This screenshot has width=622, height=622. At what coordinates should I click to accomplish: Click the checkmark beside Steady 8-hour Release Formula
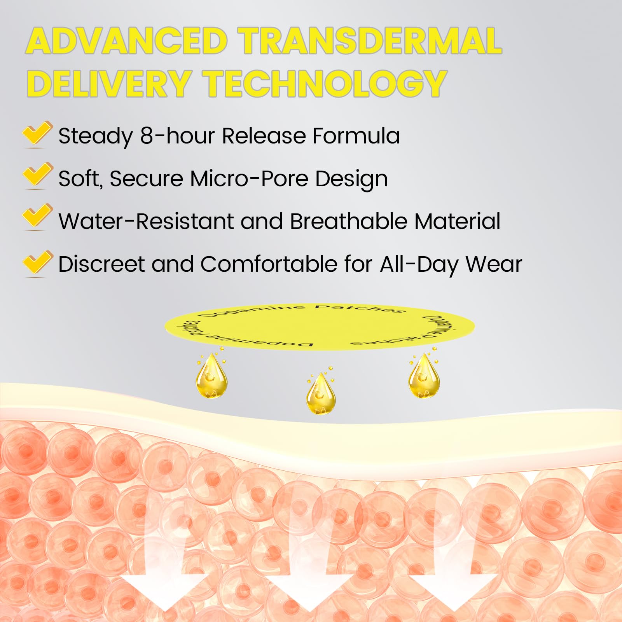tap(37, 134)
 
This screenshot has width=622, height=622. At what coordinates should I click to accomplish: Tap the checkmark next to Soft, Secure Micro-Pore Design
tap(37, 176)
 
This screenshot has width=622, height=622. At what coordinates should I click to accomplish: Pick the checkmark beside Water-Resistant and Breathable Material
tap(37, 217)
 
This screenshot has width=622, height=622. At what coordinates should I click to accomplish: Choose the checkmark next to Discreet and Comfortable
tap(37, 264)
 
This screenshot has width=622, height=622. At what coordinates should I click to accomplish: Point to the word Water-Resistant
tap(146, 221)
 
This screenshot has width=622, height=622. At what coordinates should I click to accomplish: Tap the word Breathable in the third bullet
tap(348, 221)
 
